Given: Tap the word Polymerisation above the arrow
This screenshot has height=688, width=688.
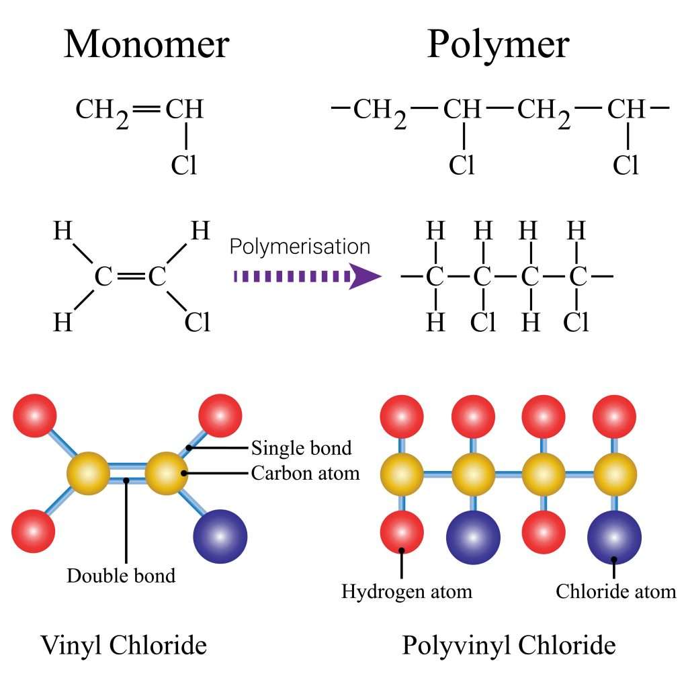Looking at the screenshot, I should (x=300, y=247).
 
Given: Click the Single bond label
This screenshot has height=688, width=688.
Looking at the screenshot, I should (x=301, y=447).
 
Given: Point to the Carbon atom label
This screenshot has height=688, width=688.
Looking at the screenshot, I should (x=305, y=473).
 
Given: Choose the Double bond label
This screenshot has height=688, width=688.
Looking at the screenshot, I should (x=121, y=576).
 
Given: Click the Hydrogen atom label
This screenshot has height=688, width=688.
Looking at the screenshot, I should (x=406, y=591).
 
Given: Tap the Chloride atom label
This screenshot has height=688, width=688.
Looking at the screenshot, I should (x=615, y=591).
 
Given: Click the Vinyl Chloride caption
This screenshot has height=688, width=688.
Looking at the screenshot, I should (x=124, y=646).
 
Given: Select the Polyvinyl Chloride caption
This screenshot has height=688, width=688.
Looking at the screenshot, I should (x=509, y=646).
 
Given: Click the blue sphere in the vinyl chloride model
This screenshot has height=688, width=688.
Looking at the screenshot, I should (x=220, y=536).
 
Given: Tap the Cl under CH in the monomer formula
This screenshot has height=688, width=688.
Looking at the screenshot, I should (x=184, y=165).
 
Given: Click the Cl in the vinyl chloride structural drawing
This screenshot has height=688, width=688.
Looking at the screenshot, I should (x=198, y=324).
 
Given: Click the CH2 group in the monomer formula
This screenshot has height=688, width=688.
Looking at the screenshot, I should (x=101, y=110).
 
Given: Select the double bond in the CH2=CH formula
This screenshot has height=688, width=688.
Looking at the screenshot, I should (x=146, y=108).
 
